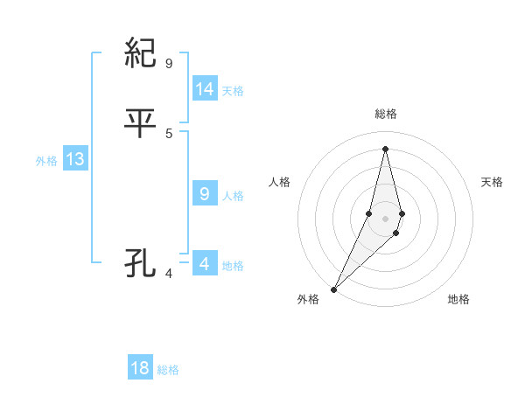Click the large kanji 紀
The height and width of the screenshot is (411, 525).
142,54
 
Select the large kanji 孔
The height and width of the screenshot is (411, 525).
142,263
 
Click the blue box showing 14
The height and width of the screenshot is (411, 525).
205,89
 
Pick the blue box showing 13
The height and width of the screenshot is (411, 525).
75,160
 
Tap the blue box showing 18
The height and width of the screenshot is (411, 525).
140,368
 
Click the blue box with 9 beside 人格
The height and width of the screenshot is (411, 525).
205,194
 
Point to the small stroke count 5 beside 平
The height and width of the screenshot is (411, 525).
169,133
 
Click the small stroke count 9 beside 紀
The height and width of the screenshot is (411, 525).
169,63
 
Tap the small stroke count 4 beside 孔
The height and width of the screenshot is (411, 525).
169,274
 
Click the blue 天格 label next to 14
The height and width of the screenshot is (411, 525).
233,91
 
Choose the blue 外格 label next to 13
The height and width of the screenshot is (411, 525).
46,161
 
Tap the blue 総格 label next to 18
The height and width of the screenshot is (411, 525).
168,370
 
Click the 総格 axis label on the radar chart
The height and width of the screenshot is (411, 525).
385,114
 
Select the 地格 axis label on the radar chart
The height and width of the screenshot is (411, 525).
458,299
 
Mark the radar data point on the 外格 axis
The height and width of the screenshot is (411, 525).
334,289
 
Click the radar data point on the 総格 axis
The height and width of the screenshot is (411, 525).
385,148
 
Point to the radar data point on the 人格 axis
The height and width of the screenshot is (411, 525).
369,213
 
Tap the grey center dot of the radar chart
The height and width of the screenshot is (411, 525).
385,219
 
